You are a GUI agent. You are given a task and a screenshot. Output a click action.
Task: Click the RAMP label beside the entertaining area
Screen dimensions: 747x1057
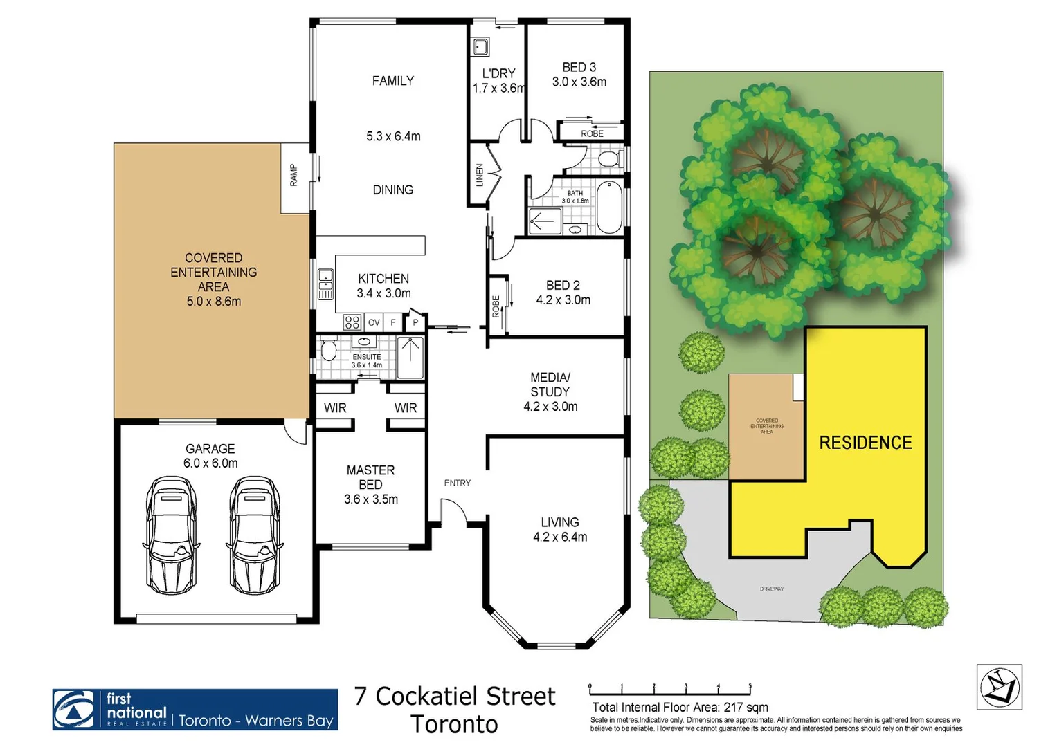(294, 175)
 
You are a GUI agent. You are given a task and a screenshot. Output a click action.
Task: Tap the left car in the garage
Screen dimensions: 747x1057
(171, 534)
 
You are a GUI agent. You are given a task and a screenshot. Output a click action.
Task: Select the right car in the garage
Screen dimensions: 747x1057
(254, 534)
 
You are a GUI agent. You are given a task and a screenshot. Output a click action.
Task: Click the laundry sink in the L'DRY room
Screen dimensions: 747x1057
(481, 47)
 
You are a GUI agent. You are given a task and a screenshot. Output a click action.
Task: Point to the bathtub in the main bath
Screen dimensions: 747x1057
(609, 207)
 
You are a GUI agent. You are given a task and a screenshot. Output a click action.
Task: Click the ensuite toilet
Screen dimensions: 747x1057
(328, 351)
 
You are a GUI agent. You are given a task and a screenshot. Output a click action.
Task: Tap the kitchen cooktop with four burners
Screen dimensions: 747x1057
(352, 322)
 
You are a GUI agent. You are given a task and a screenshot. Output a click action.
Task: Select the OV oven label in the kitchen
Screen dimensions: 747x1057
(374, 322)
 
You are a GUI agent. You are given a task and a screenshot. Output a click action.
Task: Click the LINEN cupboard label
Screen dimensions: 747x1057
(480, 175)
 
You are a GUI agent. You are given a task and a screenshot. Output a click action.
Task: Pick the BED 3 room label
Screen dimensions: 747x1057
(579, 67)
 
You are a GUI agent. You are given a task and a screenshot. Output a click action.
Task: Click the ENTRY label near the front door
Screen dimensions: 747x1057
(458, 483)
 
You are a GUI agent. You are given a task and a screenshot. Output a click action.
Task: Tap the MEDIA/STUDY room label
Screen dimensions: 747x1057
(550, 385)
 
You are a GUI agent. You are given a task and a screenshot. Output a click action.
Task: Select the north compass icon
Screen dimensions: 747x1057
(1000, 687)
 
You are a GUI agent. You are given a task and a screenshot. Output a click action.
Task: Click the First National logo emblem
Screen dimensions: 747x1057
(74, 710)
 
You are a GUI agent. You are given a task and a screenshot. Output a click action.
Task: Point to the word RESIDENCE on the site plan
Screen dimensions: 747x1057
(865, 443)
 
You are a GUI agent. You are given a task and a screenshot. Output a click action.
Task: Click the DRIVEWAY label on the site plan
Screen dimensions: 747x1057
(772, 589)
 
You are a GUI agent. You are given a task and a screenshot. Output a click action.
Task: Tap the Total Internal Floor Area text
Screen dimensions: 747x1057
(680, 708)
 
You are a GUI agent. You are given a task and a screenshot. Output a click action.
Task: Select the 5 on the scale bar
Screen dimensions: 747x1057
(750, 687)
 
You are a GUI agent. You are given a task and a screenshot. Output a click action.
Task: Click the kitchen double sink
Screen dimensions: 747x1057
(325, 284)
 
